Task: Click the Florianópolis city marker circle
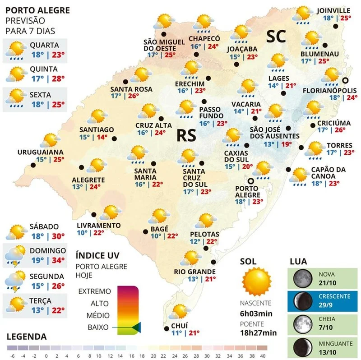(345, 80)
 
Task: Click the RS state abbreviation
(186, 135)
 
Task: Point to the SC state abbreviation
(276, 37)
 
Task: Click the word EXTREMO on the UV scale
(95, 291)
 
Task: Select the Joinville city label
(334, 10)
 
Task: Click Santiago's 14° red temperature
(102, 138)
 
